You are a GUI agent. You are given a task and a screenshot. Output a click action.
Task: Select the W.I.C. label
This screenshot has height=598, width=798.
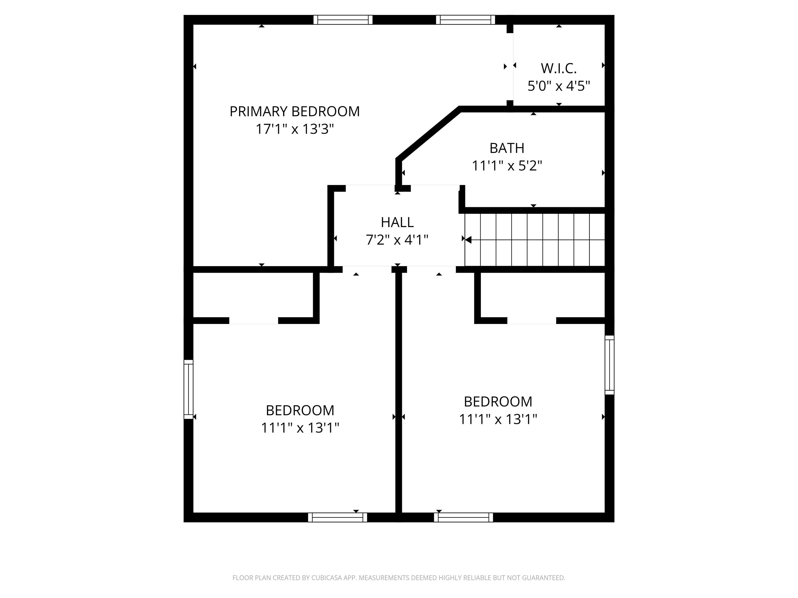[x=558, y=69]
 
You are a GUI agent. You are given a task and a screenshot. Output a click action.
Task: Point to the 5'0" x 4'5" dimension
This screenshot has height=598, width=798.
[x=558, y=86]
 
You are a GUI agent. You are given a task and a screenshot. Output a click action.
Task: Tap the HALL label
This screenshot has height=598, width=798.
[x=397, y=222]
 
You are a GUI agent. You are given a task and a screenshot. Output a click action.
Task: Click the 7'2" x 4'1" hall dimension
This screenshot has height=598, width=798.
[x=397, y=240]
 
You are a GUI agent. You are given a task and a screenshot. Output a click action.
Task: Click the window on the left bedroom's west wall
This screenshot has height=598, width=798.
[x=188, y=389]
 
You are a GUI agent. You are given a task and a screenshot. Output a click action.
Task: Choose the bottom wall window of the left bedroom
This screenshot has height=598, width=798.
[x=337, y=517]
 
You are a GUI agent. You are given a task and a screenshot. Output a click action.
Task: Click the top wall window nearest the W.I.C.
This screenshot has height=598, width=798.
[x=465, y=20]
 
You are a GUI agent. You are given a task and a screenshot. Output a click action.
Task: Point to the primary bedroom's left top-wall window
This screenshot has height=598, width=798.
[x=343, y=20]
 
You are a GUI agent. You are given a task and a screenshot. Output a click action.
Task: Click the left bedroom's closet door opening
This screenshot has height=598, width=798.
[x=254, y=321]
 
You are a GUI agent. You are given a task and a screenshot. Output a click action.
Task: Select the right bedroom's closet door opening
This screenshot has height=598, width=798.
[x=531, y=321]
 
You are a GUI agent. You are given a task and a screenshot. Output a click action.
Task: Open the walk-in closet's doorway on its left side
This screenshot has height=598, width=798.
[x=510, y=67]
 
